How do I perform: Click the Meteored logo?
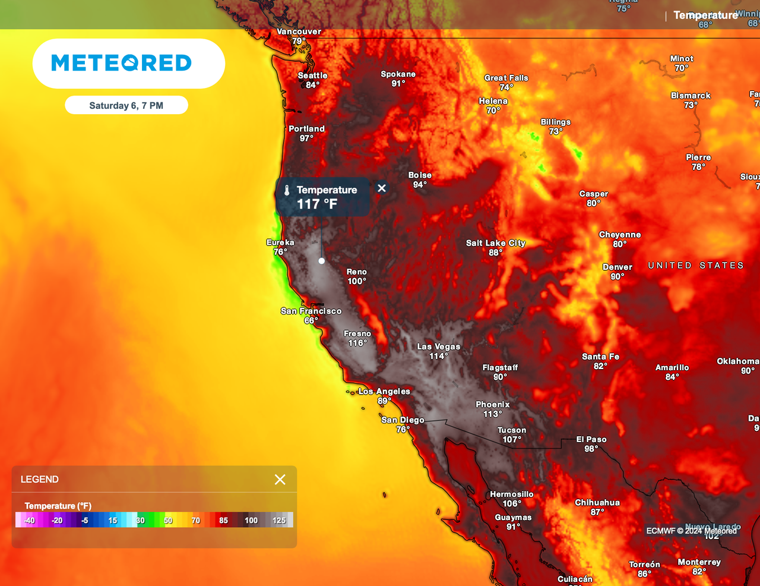click(122, 63)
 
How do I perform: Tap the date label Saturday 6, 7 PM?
click(126, 106)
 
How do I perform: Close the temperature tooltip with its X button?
click(382, 188)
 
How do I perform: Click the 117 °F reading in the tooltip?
click(317, 204)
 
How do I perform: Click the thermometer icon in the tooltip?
click(287, 190)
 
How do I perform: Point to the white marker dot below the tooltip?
click(322, 261)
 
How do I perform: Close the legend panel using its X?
click(280, 480)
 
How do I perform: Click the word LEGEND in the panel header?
click(40, 480)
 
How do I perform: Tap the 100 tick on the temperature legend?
click(251, 521)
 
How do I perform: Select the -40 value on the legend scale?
click(29, 521)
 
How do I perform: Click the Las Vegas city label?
click(438, 346)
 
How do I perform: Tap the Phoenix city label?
click(492, 405)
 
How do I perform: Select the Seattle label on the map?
click(312, 75)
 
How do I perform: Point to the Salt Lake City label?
click(496, 243)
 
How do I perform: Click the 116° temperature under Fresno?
click(357, 343)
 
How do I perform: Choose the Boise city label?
click(420, 175)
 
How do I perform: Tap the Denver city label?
click(617, 267)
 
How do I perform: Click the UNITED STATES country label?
click(696, 266)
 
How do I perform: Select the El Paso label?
click(591, 440)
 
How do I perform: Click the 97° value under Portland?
click(306, 138)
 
